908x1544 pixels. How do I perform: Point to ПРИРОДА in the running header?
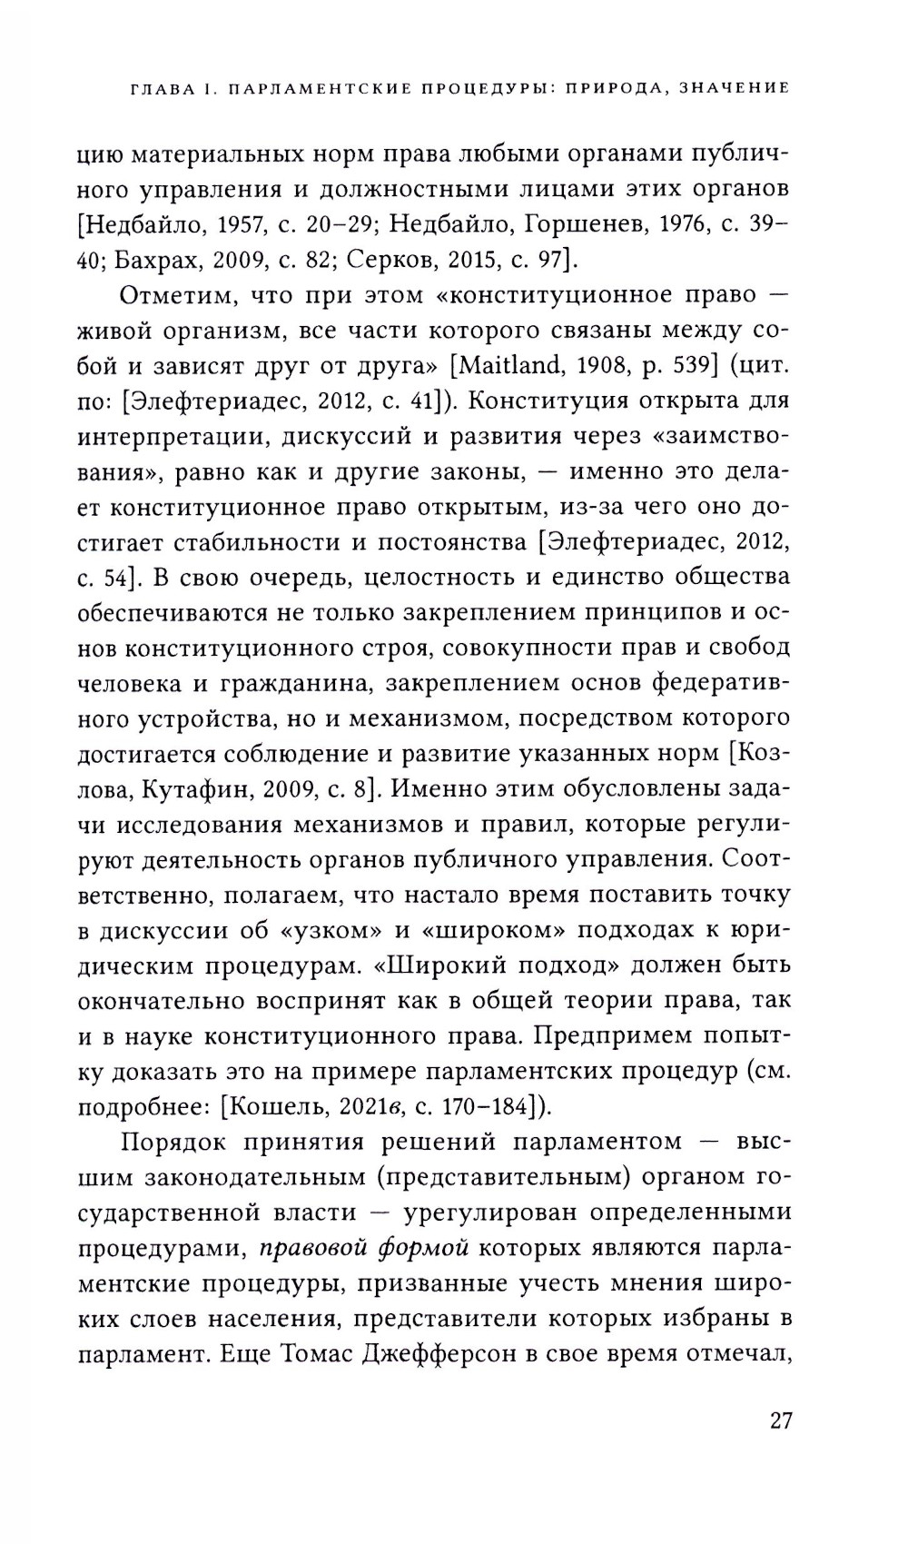(619, 88)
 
